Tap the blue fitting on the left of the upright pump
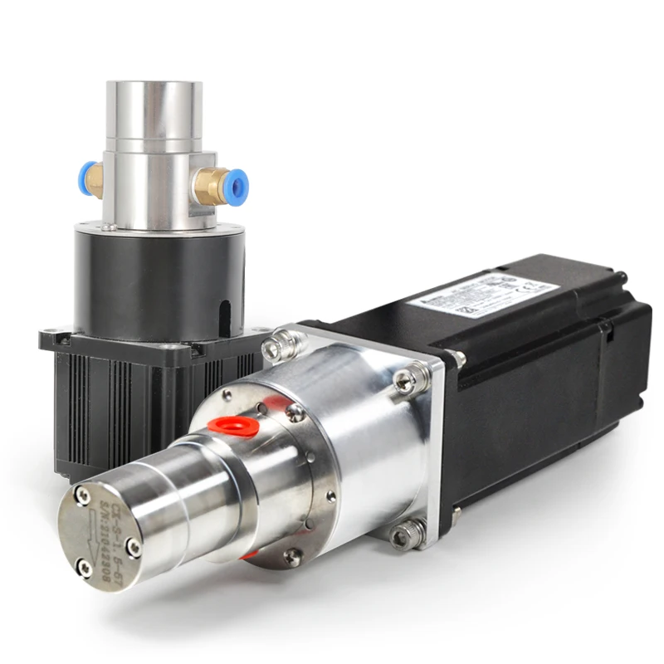(85, 178)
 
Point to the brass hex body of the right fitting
(211, 185)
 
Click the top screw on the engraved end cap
(83, 496)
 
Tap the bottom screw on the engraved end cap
(84, 568)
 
